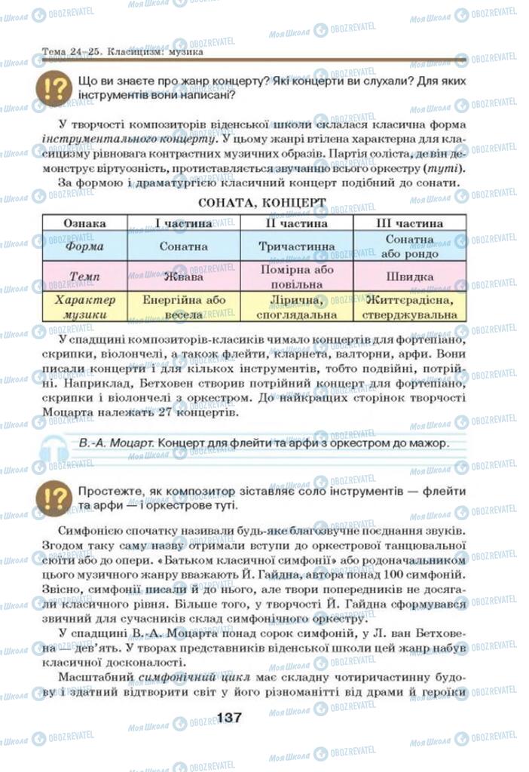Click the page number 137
(228, 717)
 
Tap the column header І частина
(184, 224)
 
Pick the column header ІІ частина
(296, 224)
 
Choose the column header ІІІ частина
(409, 224)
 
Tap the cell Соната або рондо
(409, 246)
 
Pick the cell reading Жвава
(184, 276)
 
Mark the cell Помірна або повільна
(296, 276)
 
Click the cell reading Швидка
(409, 277)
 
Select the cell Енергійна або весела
(184, 307)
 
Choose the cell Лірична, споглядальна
(296, 307)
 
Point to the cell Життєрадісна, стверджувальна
(409, 307)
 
